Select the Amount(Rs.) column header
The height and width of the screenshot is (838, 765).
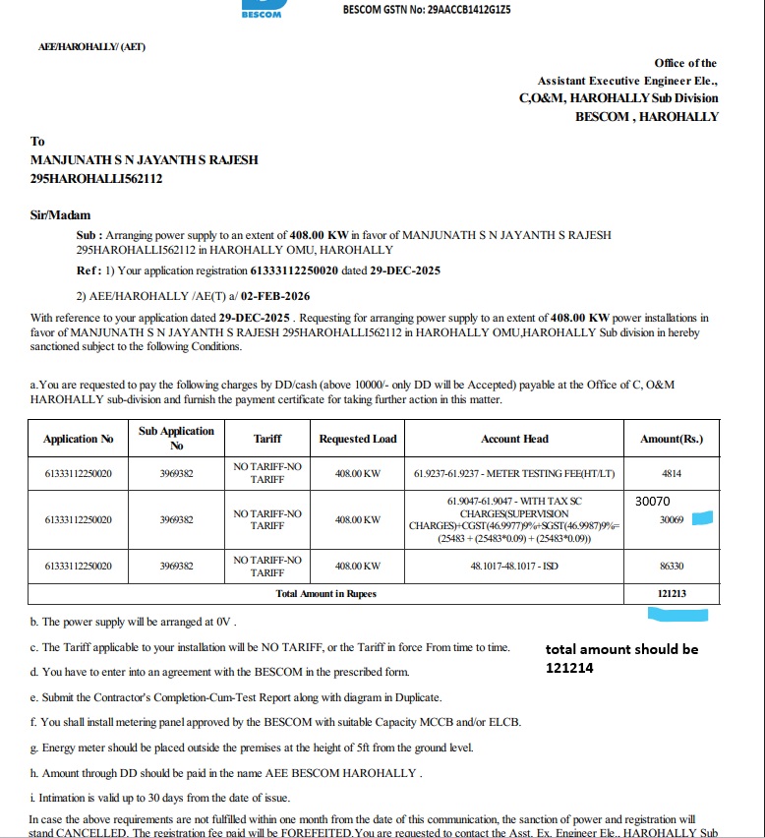(x=672, y=439)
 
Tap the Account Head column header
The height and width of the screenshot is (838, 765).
(x=514, y=439)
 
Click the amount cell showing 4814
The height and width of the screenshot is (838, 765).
(x=672, y=473)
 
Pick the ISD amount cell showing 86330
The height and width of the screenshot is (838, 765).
(x=672, y=567)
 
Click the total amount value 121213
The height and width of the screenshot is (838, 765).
(x=672, y=594)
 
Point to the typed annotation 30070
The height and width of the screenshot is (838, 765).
(x=654, y=501)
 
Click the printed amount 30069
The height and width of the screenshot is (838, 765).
(x=672, y=519)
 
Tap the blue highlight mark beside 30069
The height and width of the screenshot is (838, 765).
(x=702, y=518)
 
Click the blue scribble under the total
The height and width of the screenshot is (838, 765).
(x=677, y=615)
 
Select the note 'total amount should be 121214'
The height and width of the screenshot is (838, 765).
(x=621, y=658)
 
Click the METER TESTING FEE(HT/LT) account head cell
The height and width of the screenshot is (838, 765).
(x=514, y=473)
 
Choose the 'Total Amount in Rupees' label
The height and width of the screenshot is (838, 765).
(x=325, y=594)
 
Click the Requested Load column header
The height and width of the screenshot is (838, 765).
(x=358, y=439)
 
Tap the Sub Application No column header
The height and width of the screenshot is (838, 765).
(x=176, y=438)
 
